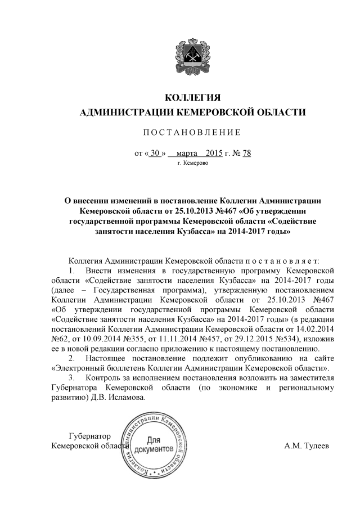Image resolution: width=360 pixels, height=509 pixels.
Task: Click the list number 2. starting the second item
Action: pyautogui.click(x=71, y=358)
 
